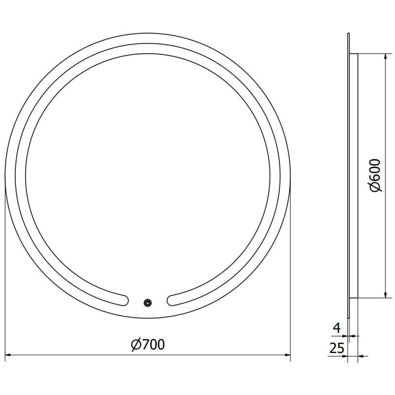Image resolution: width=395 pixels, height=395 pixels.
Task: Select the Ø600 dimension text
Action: [375, 175]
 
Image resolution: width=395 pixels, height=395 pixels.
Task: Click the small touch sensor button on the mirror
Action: [148, 303]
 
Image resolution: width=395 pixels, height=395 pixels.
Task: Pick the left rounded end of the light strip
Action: [124, 299]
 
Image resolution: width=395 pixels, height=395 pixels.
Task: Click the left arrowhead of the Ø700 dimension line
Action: [9, 355]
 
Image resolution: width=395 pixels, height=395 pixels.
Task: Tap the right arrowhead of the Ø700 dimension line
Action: [287, 355]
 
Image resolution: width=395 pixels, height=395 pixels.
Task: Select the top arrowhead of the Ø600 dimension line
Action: [385, 55]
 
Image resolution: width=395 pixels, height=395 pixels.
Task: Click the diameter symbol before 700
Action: [136, 344]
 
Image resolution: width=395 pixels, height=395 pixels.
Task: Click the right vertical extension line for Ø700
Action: [290, 276]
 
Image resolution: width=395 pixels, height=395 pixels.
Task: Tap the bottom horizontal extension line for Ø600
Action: [370, 299]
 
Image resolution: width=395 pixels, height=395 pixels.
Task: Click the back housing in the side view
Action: [354, 175]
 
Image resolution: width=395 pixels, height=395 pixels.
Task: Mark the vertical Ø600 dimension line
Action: [385, 123]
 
